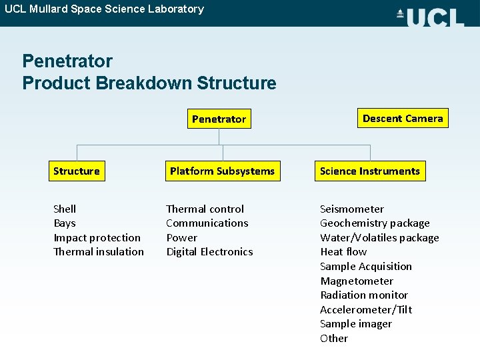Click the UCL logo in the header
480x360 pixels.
tap(430, 17)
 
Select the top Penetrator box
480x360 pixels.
tap(219, 119)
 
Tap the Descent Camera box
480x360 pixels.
tap(403, 119)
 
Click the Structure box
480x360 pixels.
tap(77, 171)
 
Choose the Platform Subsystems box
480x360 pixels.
tap(222, 171)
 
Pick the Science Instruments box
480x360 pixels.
tap(370, 171)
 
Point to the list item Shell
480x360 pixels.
tap(65, 209)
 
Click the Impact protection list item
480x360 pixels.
tap(97, 238)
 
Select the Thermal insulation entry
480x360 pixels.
tap(98, 252)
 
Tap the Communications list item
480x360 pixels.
tap(207, 223)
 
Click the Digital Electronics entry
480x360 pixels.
tap(209, 252)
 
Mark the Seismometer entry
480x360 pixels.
tap(352, 209)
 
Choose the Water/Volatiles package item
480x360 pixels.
tap(379, 238)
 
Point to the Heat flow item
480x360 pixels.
tap(343, 252)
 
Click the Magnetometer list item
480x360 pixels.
tap(357, 281)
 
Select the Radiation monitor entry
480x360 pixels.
tap(364, 295)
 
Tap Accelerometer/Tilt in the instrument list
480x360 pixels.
tap(366, 310)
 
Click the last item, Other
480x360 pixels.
tap(334, 339)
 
